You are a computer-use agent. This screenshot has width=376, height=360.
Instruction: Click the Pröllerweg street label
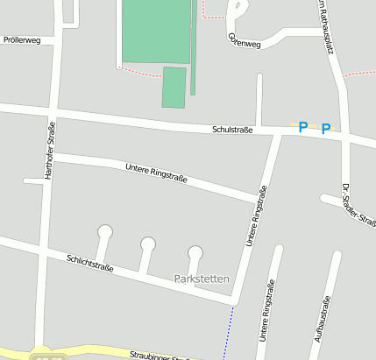click(22, 40)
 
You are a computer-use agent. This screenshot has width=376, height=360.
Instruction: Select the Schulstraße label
click(232, 130)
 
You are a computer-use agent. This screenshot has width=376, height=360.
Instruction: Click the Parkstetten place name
click(202, 279)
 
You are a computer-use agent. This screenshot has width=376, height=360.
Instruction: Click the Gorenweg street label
click(244, 40)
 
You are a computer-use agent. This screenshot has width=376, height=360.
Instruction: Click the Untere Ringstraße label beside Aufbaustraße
click(266, 311)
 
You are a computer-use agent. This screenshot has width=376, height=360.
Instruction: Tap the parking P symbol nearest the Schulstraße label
click(303, 128)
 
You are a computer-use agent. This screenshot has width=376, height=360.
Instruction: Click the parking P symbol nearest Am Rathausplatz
click(326, 129)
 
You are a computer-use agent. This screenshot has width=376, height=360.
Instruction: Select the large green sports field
click(155, 31)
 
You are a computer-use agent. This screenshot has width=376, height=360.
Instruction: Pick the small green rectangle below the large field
click(174, 87)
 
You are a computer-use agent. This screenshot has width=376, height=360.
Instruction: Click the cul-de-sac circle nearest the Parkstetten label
click(195, 253)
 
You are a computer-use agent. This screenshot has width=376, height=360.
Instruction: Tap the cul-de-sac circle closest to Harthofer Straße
click(105, 232)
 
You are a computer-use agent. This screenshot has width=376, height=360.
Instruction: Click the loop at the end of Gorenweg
click(238, 11)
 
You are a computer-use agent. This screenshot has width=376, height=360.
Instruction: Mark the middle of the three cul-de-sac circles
click(148, 244)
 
